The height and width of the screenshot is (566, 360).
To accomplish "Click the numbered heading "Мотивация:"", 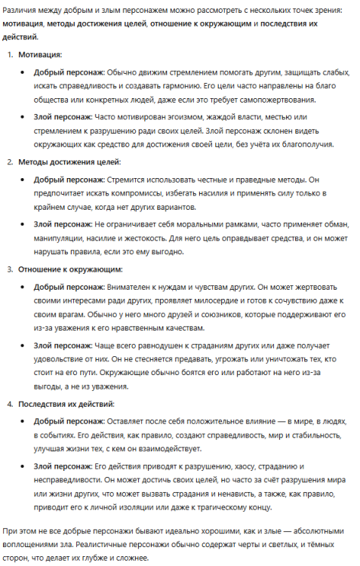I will click(x=40, y=55).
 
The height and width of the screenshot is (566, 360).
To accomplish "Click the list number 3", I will click(x=10, y=269).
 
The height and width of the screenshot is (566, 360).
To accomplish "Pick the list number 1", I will click(x=10, y=55).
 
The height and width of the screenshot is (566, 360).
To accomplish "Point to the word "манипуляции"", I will click(x=60, y=238).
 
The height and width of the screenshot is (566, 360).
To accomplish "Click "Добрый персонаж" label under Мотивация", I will click(x=69, y=72).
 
